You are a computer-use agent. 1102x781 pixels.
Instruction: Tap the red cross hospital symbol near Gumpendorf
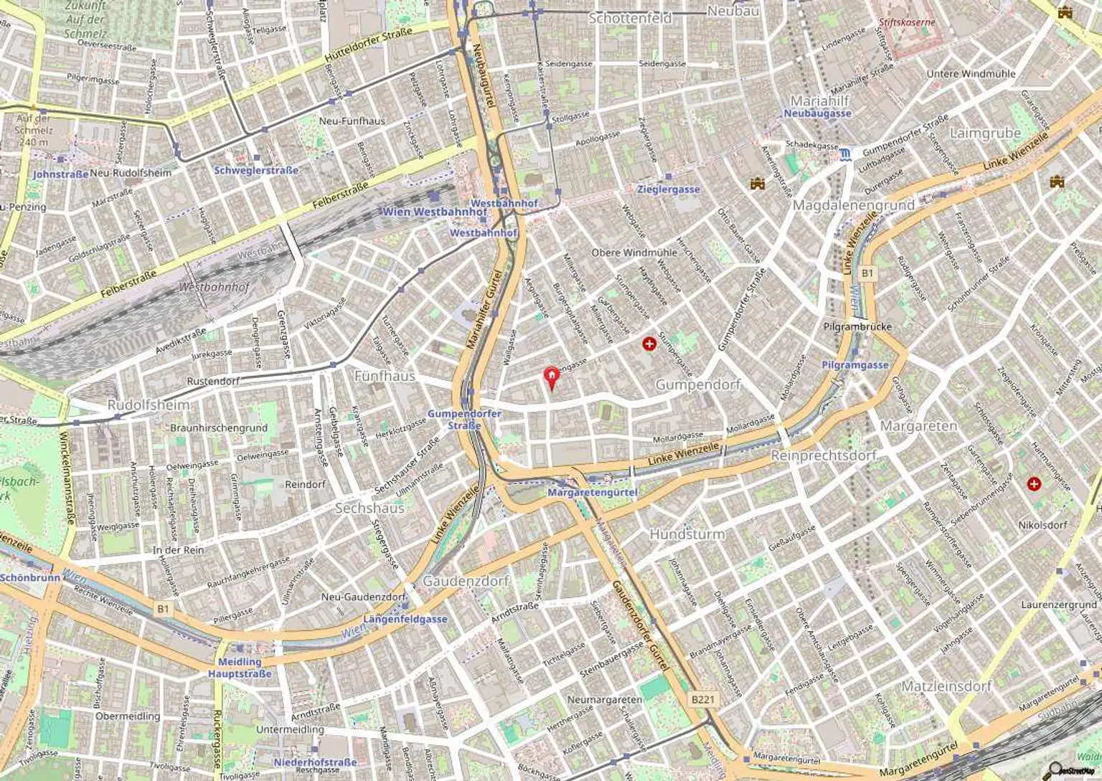click(x=650, y=344)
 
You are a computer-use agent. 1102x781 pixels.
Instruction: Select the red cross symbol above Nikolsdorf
click(x=1034, y=484)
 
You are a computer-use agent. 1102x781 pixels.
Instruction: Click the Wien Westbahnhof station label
click(x=435, y=212)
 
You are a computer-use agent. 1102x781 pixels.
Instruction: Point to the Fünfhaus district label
click(x=385, y=376)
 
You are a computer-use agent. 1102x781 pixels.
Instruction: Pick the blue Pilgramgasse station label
click(x=855, y=365)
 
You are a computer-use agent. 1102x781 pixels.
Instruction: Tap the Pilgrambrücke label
click(x=857, y=327)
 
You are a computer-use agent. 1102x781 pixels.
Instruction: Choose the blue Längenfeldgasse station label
click(x=405, y=619)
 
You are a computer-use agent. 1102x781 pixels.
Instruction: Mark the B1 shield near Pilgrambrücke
click(x=868, y=273)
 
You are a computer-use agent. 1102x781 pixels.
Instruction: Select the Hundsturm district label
click(x=687, y=534)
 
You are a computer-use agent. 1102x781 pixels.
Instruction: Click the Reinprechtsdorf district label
click(x=824, y=455)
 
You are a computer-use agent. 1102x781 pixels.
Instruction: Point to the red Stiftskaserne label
click(x=907, y=22)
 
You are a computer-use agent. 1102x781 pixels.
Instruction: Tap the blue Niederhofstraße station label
click(x=315, y=762)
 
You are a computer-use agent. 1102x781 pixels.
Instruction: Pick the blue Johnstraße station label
click(x=61, y=174)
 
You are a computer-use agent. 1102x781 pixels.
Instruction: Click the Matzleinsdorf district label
click(x=946, y=686)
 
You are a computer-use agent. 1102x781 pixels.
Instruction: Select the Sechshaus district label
click(x=369, y=508)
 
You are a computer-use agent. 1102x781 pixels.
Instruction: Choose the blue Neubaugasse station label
click(x=817, y=113)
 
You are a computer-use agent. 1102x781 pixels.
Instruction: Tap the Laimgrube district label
click(x=985, y=133)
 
